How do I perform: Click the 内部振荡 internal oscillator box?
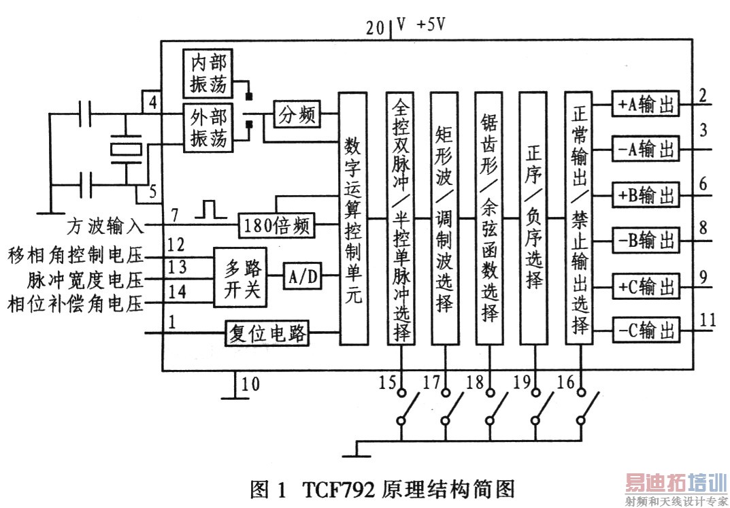click(208, 73)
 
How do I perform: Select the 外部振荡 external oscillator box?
click(208, 127)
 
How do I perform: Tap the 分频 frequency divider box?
click(297, 114)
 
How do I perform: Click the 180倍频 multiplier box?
click(276, 226)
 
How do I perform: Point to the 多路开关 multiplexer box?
click(240, 277)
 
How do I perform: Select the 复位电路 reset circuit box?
click(267, 333)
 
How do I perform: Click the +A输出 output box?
click(645, 104)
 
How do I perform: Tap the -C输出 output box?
click(646, 331)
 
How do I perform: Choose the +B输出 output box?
click(645, 194)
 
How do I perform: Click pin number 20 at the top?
click(376, 28)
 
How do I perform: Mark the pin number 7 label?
click(175, 215)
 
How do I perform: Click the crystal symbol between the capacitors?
click(126, 150)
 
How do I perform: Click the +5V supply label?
click(431, 24)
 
